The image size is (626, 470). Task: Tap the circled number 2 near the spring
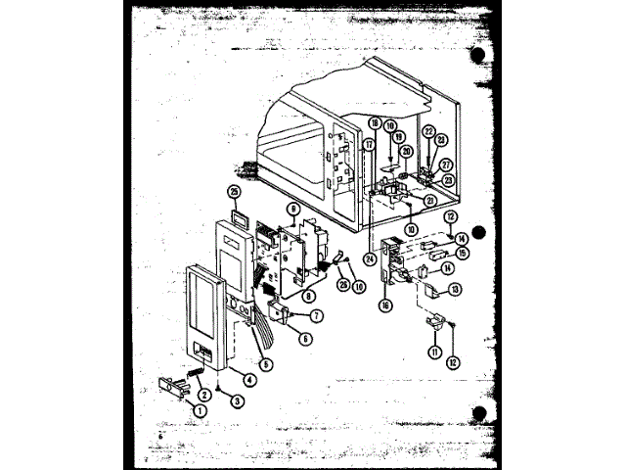point(204,395)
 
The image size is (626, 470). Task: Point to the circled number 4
point(250,380)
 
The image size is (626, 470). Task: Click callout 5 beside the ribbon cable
point(267,362)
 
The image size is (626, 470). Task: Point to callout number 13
point(455,289)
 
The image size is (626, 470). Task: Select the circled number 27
point(445,164)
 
